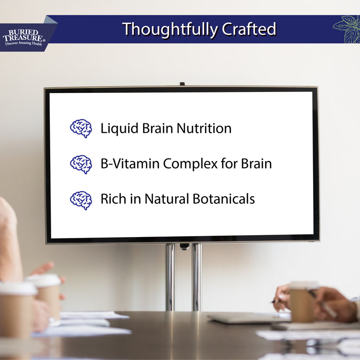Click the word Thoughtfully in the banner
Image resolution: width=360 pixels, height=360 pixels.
click(x=170, y=29)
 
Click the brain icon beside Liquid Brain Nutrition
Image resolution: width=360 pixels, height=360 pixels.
click(x=81, y=128)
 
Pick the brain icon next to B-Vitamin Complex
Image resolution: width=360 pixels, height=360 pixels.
click(x=81, y=164)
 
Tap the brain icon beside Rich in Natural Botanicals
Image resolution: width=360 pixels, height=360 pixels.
click(x=81, y=200)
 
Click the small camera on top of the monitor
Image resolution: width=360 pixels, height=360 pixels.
click(x=182, y=84)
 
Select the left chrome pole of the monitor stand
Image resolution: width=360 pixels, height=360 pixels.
click(x=170, y=277)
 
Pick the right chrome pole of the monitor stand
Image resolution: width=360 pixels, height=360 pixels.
click(x=197, y=277)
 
